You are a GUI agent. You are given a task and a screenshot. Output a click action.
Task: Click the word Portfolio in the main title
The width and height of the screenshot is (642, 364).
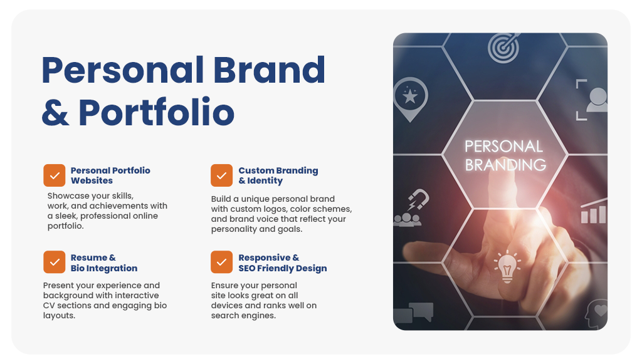click(x=156, y=113)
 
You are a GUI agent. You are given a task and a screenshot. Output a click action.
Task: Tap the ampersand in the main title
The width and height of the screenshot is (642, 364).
click(x=55, y=113)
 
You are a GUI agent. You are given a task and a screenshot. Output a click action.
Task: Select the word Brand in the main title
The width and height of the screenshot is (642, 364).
click(x=269, y=70)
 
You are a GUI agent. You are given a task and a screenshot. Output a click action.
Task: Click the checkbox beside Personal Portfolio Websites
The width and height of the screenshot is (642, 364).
click(x=55, y=175)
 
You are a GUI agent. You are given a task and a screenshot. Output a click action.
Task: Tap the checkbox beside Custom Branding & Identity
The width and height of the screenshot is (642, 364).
click(x=221, y=175)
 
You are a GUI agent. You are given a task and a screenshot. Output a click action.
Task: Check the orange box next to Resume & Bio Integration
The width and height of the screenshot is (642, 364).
click(x=55, y=262)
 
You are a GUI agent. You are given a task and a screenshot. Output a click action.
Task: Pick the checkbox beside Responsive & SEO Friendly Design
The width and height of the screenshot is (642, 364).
click(x=221, y=262)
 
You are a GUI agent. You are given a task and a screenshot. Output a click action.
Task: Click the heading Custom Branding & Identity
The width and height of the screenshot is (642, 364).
click(x=278, y=175)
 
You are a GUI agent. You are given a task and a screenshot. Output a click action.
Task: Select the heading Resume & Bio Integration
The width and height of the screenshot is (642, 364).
click(x=104, y=263)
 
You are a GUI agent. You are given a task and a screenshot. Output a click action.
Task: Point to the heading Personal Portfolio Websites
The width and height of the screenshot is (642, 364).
click(x=110, y=175)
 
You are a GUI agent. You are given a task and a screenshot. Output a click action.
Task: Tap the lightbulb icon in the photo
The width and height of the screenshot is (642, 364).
click(x=507, y=267)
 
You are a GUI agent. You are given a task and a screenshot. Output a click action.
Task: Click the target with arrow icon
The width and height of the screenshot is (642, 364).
click(x=503, y=48)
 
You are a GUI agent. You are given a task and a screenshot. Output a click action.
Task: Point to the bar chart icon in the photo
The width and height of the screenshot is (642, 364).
click(x=593, y=211)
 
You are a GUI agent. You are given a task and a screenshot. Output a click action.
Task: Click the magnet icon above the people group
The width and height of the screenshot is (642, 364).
click(x=418, y=199)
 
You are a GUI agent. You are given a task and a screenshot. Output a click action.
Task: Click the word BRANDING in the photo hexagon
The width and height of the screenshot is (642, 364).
click(x=505, y=165)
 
